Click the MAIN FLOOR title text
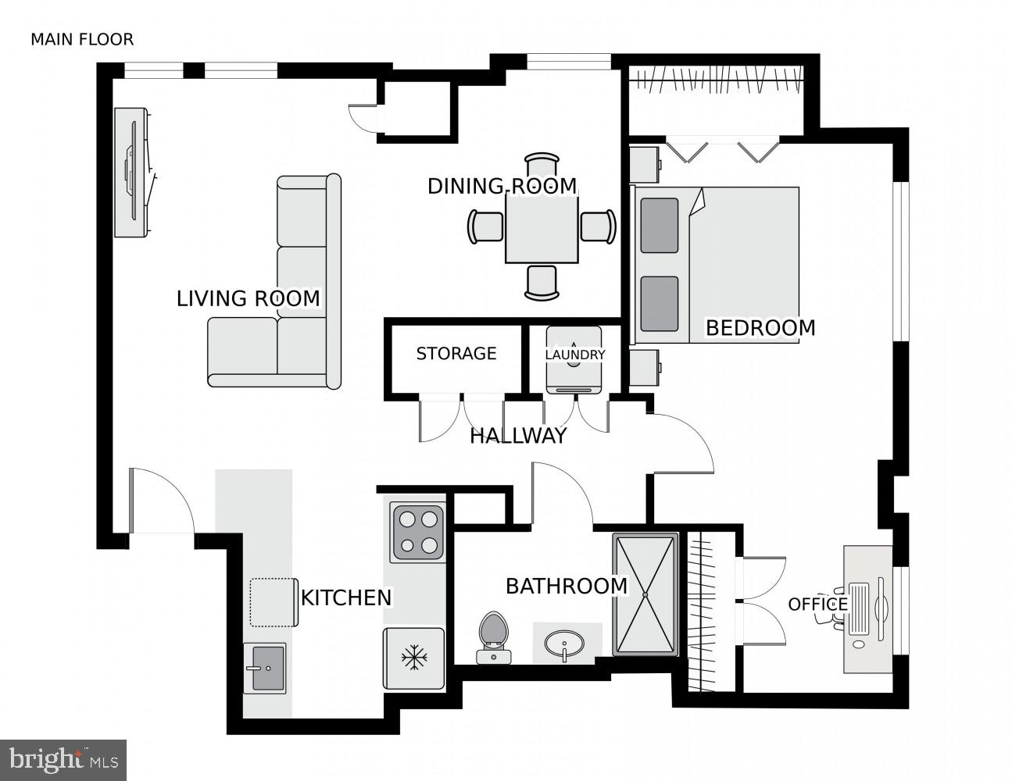[82, 39]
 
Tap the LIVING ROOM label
[248, 299]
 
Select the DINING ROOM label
[502, 187]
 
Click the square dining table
[542, 227]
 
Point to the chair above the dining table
[542, 166]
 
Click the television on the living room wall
[133, 172]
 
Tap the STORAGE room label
[456, 354]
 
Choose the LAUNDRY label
[575, 355]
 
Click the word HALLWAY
[517, 437]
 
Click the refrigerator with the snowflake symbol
[413, 658]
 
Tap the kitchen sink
[264, 668]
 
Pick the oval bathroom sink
[564, 645]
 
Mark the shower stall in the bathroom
[645, 594]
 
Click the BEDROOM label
[760, 328]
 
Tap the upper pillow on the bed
[660, 226]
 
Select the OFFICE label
[817, 604]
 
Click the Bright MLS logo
[63, 759]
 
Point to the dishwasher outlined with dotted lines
[273, 602]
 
